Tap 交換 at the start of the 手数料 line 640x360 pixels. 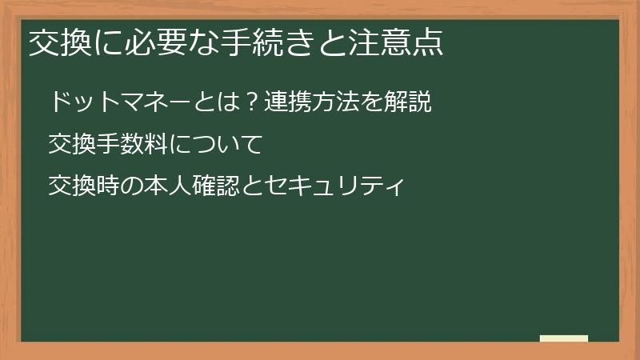point(70,145)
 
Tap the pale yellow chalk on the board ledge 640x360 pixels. point(564,338)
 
